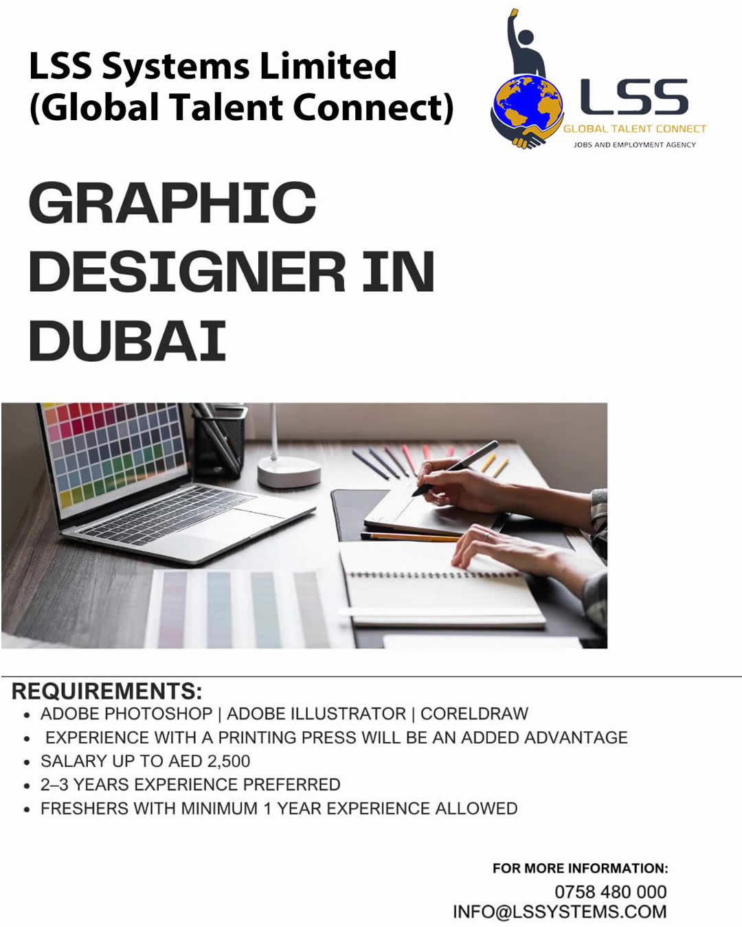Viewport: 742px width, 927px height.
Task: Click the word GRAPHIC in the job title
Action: [172, 203]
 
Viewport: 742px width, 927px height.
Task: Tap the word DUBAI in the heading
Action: [127, 341]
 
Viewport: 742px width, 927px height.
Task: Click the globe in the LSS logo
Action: [528, 106]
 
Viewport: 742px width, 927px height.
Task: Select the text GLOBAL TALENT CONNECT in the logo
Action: [635, 129]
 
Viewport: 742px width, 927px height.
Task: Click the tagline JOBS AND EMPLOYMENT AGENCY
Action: [635, 145]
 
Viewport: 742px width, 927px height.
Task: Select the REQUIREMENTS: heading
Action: [107, 691]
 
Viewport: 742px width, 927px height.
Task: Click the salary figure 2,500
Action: [229, 761]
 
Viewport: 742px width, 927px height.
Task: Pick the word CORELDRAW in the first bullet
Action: [474, 713]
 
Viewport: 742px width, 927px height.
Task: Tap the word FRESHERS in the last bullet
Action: [85, 808]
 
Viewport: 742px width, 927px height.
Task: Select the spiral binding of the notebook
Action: [436, 575]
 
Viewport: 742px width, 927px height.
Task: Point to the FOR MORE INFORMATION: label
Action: [581, 869]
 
